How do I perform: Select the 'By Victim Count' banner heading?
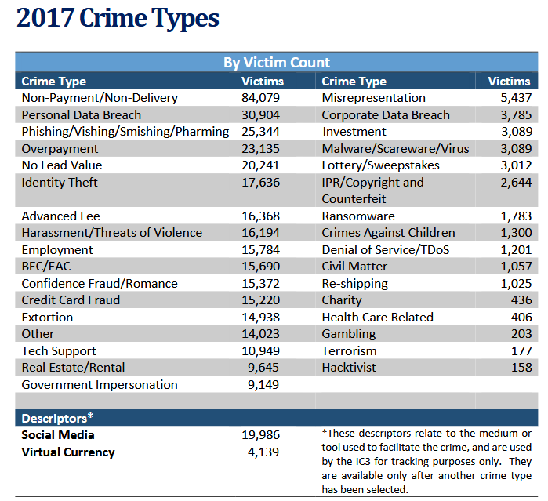click(x=277, y=63)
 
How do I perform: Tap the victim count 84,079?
click(x=260, y=98)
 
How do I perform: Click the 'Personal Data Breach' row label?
click(x=82, y=115)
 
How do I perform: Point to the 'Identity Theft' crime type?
click(x=60, y=183)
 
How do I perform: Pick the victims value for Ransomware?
click(x=515, y=216)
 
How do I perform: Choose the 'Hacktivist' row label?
click(x=349, y=368)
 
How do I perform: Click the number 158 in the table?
click(x=521, y=368)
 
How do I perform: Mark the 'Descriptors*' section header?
click(x=57, y=418)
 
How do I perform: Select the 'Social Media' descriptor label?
click(x=58, y=435)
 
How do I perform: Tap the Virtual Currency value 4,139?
click(x=263, y=452)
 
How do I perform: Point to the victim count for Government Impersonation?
click(x=263, y=385)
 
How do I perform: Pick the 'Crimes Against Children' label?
click(x=388, y=233)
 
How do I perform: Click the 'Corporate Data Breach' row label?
click(x=386, y=115)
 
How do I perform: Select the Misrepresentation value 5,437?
click(x=515, y=98)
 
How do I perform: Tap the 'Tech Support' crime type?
click(x=59, y=351)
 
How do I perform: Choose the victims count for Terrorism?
click(x=521, y=351)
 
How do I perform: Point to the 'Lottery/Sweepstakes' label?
click(x=381, y=165)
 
